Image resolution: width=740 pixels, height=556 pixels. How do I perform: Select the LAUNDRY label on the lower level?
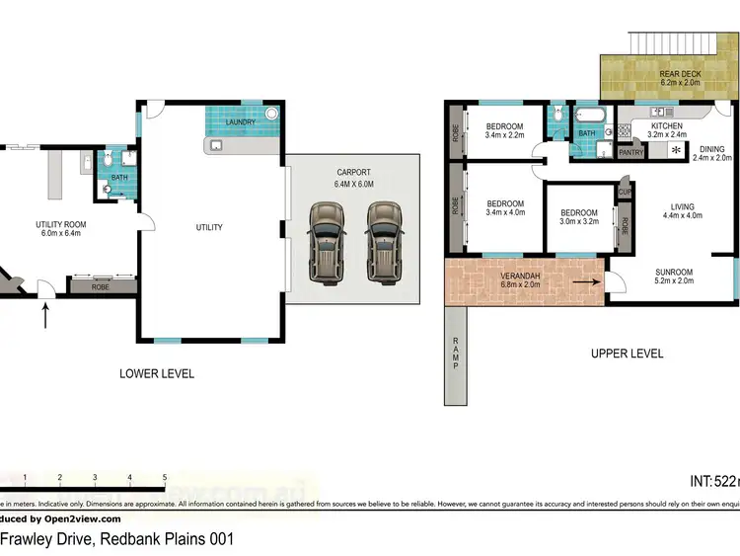(241, 122)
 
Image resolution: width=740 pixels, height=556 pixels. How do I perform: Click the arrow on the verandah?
(584, 281)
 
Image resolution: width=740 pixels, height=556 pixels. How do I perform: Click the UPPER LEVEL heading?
(627, 353)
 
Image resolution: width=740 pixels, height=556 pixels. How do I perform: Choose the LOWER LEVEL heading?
(156, 373)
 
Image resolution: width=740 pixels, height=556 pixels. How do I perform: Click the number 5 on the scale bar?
(165, 477)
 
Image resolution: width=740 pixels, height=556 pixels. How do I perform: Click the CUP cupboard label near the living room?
(625, 191)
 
